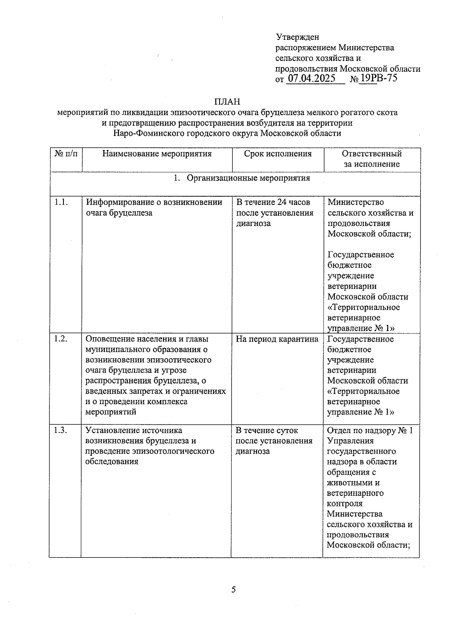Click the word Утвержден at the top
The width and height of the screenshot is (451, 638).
(297, 37)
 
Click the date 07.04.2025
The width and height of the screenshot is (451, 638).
(311, 79)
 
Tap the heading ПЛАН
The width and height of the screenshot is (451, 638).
(227, 102)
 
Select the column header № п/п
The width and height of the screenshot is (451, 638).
(66, 154)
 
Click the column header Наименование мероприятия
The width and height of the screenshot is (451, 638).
(157, 154)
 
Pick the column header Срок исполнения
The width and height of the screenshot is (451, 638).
(278, 154)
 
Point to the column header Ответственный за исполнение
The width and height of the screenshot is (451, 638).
(372, 159)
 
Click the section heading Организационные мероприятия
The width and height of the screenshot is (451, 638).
(248, 178)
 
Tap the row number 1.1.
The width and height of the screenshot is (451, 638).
(61, 202)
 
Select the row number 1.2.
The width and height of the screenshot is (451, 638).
(61, 339)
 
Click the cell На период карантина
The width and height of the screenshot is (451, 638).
(277, 339)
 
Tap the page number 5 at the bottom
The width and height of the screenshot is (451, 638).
(233, 590)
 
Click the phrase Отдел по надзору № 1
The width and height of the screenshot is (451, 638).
(369, 430)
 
